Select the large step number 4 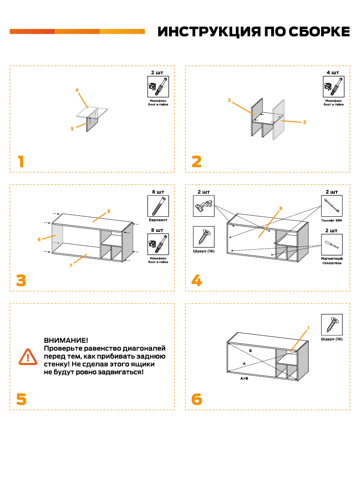(x=196, y=280)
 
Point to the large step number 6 (x=196, y=399)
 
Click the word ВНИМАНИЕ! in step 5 (x=66, y=341)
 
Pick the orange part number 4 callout (x=77, y=90)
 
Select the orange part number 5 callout (x=72, y=128)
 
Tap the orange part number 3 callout (x=304, y=122)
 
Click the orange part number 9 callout (x=281, y=208)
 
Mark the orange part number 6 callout (x=39, y=239)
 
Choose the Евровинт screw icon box (x=158, y=206)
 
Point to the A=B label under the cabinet (x=244, y=379)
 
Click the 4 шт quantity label (x=333, y=72)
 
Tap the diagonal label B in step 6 (x=251, y=350)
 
